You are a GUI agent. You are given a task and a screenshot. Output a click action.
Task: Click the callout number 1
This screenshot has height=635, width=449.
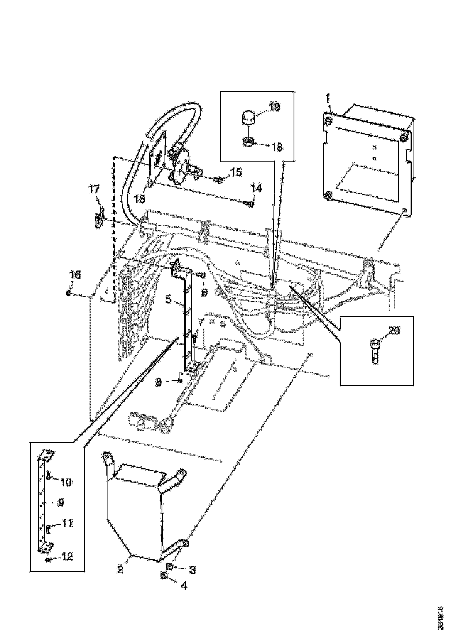328,98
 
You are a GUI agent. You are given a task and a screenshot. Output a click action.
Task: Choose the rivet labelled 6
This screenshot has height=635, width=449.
201,275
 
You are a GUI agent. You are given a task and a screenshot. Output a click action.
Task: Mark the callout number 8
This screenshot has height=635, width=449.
159,382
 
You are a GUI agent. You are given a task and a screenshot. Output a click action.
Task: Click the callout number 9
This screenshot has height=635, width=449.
61,502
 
